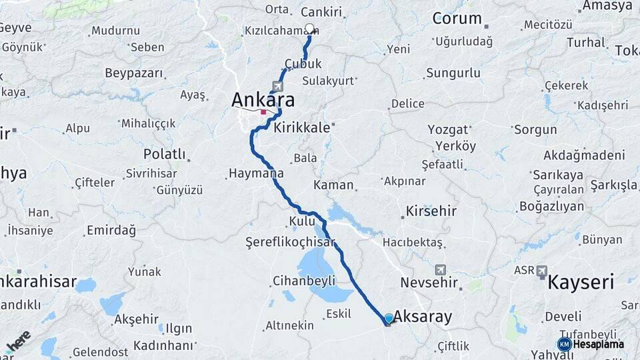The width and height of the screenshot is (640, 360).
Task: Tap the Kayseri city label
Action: (x=580, y=282)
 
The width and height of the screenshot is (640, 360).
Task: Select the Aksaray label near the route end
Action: (x=423, y=317)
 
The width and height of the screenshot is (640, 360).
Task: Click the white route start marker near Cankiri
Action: (x=309, y=29)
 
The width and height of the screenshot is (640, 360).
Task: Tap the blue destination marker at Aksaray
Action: (x=389, y=319)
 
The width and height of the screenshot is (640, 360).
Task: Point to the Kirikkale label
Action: (x=302, y=127)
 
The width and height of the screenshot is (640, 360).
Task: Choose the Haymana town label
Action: (x=256, y=173)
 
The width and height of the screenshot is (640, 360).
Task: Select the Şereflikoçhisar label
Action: (x=290, y=241)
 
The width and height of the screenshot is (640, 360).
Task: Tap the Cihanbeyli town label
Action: (x=304, y=281)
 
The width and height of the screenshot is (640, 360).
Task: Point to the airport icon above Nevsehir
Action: (x=441, y=270)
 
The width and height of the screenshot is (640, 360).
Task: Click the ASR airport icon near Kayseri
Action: (x=541, y=271)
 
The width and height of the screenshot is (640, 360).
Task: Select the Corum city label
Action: (x=457, y=19)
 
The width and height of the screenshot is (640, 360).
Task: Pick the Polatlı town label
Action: (x=164, y=154)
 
